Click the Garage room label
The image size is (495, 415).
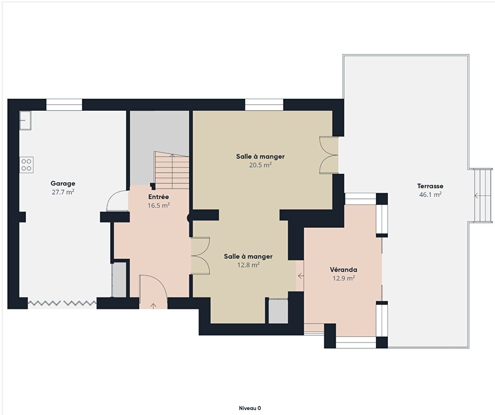click(63, 183)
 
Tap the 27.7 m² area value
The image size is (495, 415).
click(63, 192)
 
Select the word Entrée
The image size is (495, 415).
click(159, 197)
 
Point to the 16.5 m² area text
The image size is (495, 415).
click(159, 205)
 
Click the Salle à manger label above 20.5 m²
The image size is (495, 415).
click(260, 157)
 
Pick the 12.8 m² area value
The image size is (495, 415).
click(248, 265)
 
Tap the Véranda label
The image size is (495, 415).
click(343, 269)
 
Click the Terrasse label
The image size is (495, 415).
click(430, 186)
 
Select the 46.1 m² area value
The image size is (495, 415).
click(430, 195)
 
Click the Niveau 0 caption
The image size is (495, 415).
click(250, 408)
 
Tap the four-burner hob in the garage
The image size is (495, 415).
click(26, 165)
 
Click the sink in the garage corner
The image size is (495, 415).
click(26, 120)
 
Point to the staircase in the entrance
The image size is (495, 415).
click(172, 170)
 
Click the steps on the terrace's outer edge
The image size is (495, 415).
click(483, 195)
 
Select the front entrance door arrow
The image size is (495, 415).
click(154, 306)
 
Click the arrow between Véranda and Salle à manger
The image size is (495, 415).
click(301, 276)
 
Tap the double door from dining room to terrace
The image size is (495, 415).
click(329, 155)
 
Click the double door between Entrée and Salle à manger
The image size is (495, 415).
click(200, 256)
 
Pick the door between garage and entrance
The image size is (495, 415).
click(118, 201)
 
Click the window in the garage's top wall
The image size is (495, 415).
click(64, 105)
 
